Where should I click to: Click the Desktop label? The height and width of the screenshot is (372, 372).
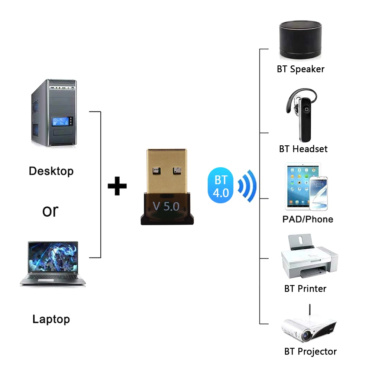[51, 171]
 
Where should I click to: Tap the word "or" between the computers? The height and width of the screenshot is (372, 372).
[50, 211]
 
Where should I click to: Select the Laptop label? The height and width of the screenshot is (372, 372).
[51, 319]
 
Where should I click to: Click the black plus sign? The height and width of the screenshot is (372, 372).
[117, 186]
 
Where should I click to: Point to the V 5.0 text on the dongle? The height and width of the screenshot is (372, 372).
[166, 206]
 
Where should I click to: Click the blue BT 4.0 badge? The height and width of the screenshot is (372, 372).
[221, 187]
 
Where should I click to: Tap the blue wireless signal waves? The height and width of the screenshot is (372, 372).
[247, 185]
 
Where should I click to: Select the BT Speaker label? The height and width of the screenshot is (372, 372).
[301, 69]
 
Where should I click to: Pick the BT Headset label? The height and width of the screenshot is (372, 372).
[303, 149]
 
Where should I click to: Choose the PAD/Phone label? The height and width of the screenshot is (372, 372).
[308, 219]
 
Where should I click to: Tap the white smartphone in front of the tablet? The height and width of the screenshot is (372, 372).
[318, 193]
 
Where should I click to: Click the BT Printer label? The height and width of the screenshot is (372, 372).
[305, 288]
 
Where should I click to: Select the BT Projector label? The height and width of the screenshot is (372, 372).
[310, 352]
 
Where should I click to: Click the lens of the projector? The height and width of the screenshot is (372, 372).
[307, 336]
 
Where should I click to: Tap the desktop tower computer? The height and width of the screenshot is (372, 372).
[54, 113]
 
